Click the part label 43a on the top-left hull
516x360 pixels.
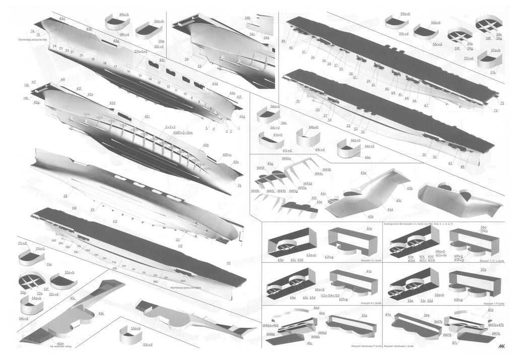(61, 18)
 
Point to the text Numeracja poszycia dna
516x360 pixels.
(34, 39)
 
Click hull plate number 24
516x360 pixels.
(54, 46)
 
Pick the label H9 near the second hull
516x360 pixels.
(62, 80)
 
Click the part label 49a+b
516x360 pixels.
(124, 15)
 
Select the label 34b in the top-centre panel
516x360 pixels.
(247, 18)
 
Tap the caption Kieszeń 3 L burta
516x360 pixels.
(369, 260)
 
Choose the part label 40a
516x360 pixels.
(369, 229)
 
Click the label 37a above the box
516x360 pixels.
(483, 270)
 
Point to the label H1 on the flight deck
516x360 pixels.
(228, 263)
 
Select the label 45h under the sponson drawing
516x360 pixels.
(370, 217)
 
